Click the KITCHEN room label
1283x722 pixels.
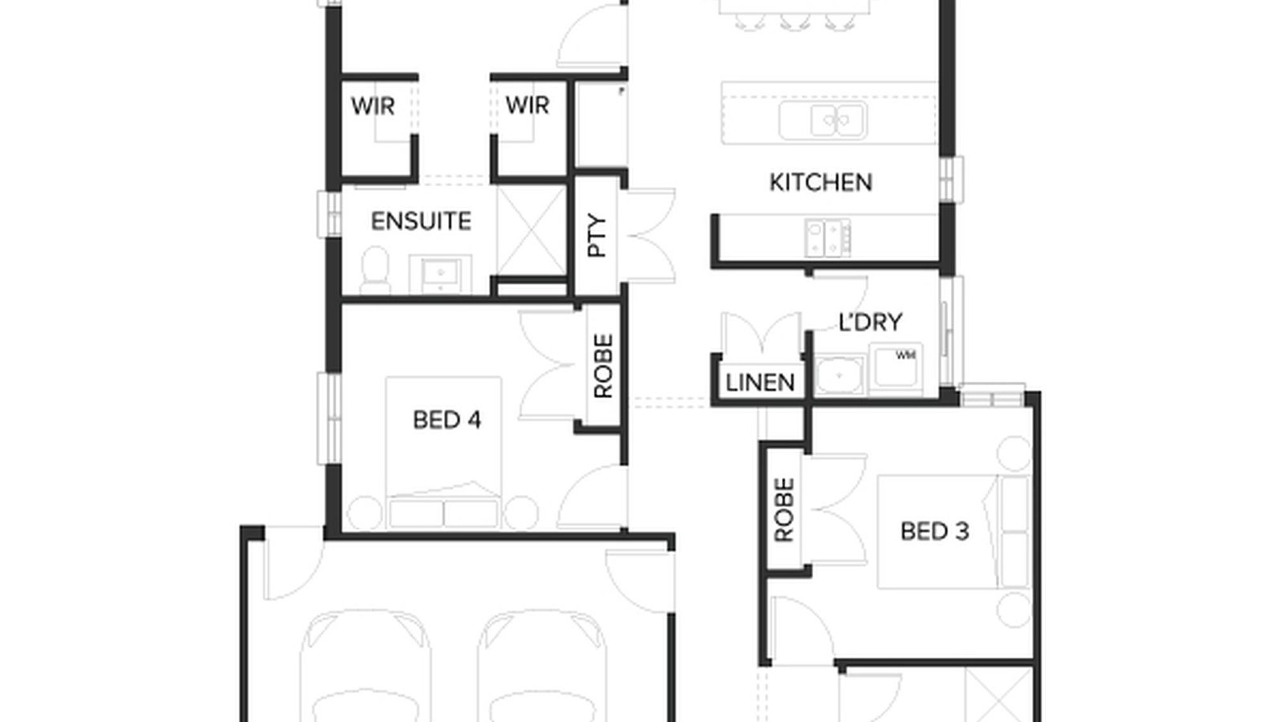coord(820,183)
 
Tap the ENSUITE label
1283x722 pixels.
coord(420,221)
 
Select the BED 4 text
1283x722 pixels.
coord(447,420)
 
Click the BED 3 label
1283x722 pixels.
coord(934,531)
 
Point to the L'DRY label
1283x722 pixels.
coord(870,322)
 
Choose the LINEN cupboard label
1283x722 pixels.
coord(759,383)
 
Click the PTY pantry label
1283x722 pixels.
coord(598,236)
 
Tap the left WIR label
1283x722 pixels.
coord(373,106)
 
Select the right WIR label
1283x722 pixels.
coord(527,105)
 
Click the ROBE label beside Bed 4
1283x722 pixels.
coord(603,367)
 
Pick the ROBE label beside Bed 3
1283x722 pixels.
coord(784,509)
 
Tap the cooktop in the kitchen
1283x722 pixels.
coord(828,238)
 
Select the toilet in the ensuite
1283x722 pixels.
coord(374,271)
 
